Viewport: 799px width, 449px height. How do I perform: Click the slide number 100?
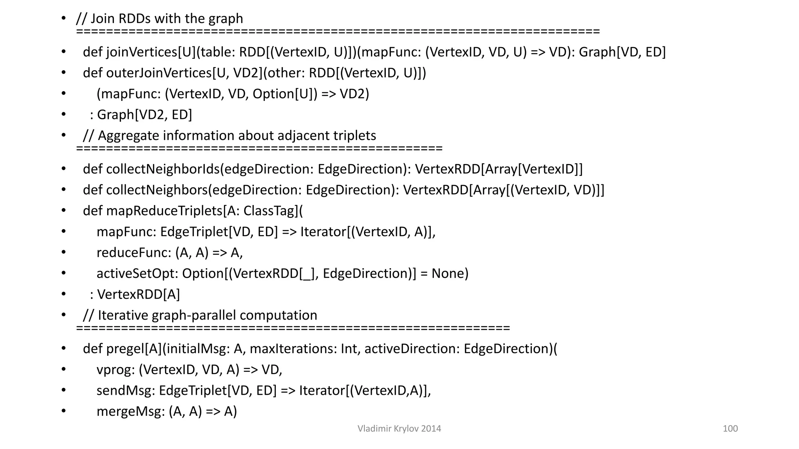pyautogui.click(x=730, y=428)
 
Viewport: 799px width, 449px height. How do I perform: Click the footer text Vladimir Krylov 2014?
pyautogui.click(x=399, y=428)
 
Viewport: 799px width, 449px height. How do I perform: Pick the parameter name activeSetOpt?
pyautogui.click(x=137, y=273)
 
